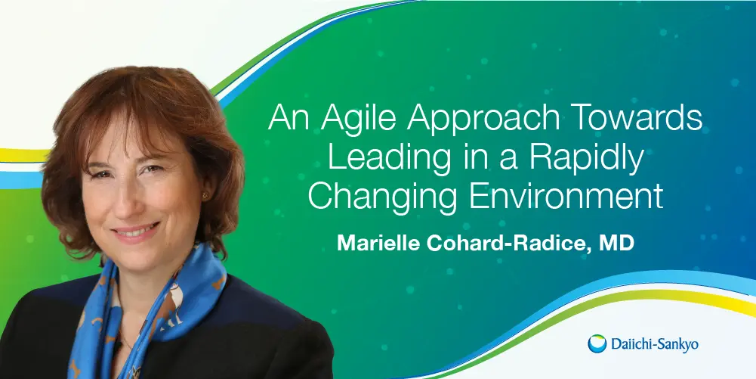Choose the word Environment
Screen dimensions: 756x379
pos(566,196)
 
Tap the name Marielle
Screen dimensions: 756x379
pos(377,243)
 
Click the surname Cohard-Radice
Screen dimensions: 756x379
pos(505,243)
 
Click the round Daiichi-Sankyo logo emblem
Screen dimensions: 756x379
pos(597,343)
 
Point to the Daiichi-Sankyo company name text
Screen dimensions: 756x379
pos(654,345)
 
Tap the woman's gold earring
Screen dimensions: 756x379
pos(205,195)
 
